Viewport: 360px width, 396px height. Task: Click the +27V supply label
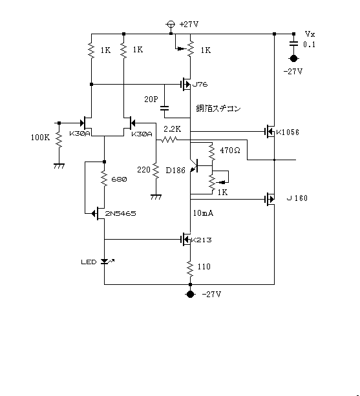(x=189, y=25)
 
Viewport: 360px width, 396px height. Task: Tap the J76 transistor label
(x=200, y=85)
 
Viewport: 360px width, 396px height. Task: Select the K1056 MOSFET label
(x=288, y=132)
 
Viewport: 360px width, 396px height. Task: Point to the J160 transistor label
(x=297, y=198)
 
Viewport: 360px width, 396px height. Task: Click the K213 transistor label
(x=202, y=240)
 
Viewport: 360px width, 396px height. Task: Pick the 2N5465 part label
(x=120, y=214)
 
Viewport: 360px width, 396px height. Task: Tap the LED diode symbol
(x=105, y=262)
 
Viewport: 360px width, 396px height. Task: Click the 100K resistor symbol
(x=59, y=140)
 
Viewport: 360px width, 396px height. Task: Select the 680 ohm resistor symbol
(x=104, y=179)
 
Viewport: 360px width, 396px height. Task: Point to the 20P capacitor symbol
(x=164, y=108)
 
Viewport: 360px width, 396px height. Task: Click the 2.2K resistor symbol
(x=169, y=140)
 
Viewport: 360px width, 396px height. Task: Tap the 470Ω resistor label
(x=230, y=151)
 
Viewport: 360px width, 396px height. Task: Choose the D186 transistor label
(x=175, y=170)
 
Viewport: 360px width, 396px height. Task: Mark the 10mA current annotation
(x=203, y=213)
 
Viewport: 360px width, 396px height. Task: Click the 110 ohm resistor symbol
(x=190, y=269)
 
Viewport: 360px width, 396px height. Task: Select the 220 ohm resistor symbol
(x=156, y=171)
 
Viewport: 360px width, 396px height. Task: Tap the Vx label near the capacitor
(x=310, y=34)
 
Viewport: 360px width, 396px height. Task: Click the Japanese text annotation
(x=218, y=109)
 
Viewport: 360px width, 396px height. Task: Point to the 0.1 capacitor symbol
(x=293, y=43)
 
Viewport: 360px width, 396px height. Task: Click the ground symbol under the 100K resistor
(x=59, y=166)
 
